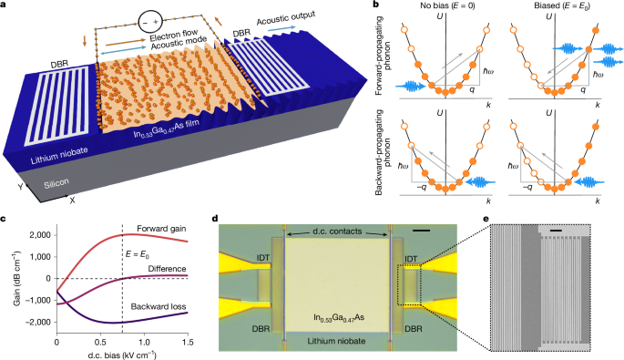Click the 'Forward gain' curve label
[x=159, y=229]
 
